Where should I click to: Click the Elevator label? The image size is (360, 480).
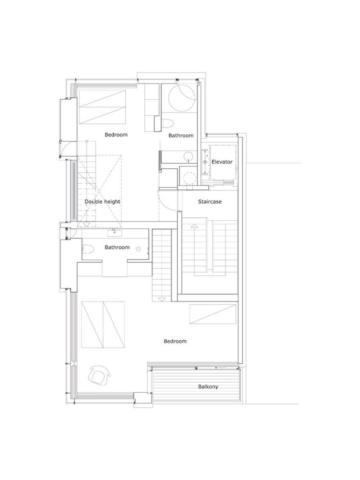coord(222,162)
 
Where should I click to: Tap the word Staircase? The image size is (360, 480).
coord(210,202)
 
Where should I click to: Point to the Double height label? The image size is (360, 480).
coord(102,202)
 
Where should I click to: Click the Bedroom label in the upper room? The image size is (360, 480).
coord(116,135)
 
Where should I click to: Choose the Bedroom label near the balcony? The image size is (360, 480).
coord(175,341)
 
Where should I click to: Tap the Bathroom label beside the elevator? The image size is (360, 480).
coord(181,136)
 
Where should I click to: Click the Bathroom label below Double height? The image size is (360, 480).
coord(117,247)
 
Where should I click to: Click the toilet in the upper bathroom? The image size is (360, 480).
coord(168,124)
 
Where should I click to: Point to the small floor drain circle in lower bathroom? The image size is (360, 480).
coord(138,249)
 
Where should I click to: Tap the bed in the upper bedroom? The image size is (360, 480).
coord(102,107)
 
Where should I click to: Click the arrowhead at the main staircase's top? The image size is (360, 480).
coord(194,226)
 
